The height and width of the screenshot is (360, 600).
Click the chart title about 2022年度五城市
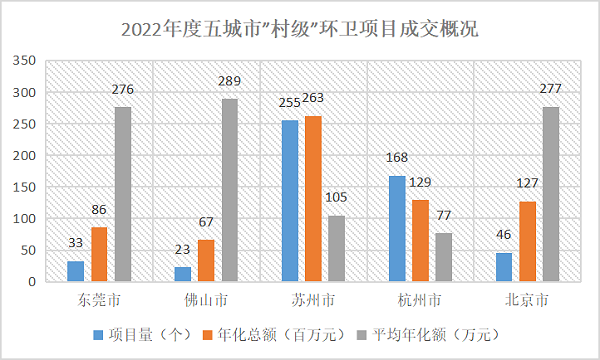coord(300,29)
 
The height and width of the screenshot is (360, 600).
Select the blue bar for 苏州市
coord(290,201)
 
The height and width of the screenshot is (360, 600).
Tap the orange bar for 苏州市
coord(313,199)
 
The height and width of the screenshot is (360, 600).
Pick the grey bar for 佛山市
coord(230,190)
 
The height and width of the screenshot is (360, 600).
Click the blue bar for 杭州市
coord(397,229)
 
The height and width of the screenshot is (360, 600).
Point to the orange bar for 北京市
coord(528,241)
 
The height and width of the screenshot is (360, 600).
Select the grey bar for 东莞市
coord(123,194)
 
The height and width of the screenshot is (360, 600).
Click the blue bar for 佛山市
coord(183,274)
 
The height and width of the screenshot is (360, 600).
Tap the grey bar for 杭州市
coord(443,257)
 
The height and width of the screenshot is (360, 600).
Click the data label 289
coord(230,81)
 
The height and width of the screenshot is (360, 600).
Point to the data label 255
coord(290,103)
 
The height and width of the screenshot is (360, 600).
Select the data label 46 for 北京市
coord(504,235)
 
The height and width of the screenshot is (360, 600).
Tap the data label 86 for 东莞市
coord(99,210)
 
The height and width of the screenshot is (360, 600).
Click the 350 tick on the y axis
coord(24,60)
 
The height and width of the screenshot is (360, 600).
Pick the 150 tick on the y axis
coord(24,187)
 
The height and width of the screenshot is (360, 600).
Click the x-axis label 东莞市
coord(99,300)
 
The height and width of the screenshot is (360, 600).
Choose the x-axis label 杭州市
coord(420,300)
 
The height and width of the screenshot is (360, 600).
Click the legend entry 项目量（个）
coord(143,335)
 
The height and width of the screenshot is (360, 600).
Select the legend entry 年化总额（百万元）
coord(274,335)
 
